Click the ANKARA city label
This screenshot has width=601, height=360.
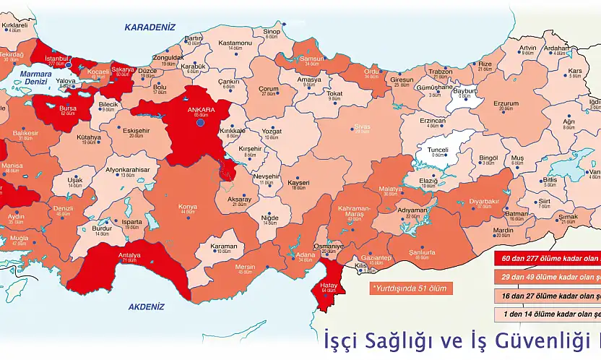[x=201, y=110]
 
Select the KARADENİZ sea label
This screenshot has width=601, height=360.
[x=150, y=27]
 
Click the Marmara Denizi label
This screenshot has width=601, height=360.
[x=35, y=78]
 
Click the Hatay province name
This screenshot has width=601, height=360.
[x=328, y=284]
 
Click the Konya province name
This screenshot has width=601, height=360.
[x=187, y=206]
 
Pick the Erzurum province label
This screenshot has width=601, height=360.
[x=506, y=103]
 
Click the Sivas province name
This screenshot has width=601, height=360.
[x=361, y=127]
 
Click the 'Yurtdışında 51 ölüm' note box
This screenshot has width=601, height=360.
[x=409, y=288]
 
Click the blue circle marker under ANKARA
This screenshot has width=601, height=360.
[x=200, y=122]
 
